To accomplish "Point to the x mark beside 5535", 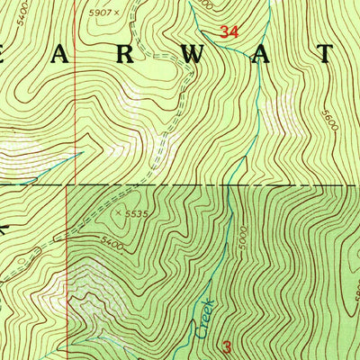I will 118,213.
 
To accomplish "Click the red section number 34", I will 229,31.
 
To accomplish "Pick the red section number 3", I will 227,346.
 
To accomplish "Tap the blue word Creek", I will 205,318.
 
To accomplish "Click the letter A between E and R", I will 72,56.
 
